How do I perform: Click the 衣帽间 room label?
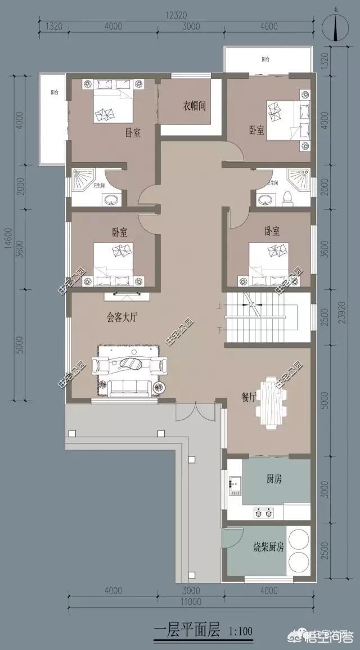coord(193,106)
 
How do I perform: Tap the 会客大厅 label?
coord(122,317)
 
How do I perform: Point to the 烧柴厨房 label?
coord(268,546)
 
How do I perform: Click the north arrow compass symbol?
coord(335,27)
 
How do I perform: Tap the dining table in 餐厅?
coord(271,402)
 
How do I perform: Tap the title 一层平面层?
coord(187,630)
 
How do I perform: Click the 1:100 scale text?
coord(241,631)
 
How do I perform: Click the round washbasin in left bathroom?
coord(111,199)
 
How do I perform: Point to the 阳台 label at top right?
coord(265,59)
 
